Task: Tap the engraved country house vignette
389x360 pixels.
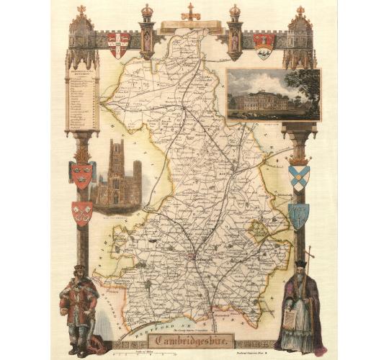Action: point(273,94)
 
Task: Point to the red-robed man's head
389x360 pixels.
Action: point(79,272)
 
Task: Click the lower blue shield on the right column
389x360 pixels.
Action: point(298,215)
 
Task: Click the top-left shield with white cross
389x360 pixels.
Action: point(118,44)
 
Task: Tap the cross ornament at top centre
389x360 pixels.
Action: point(191,12)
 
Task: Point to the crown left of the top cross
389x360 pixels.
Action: point(147,13)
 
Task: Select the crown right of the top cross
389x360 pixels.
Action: point(235,13)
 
